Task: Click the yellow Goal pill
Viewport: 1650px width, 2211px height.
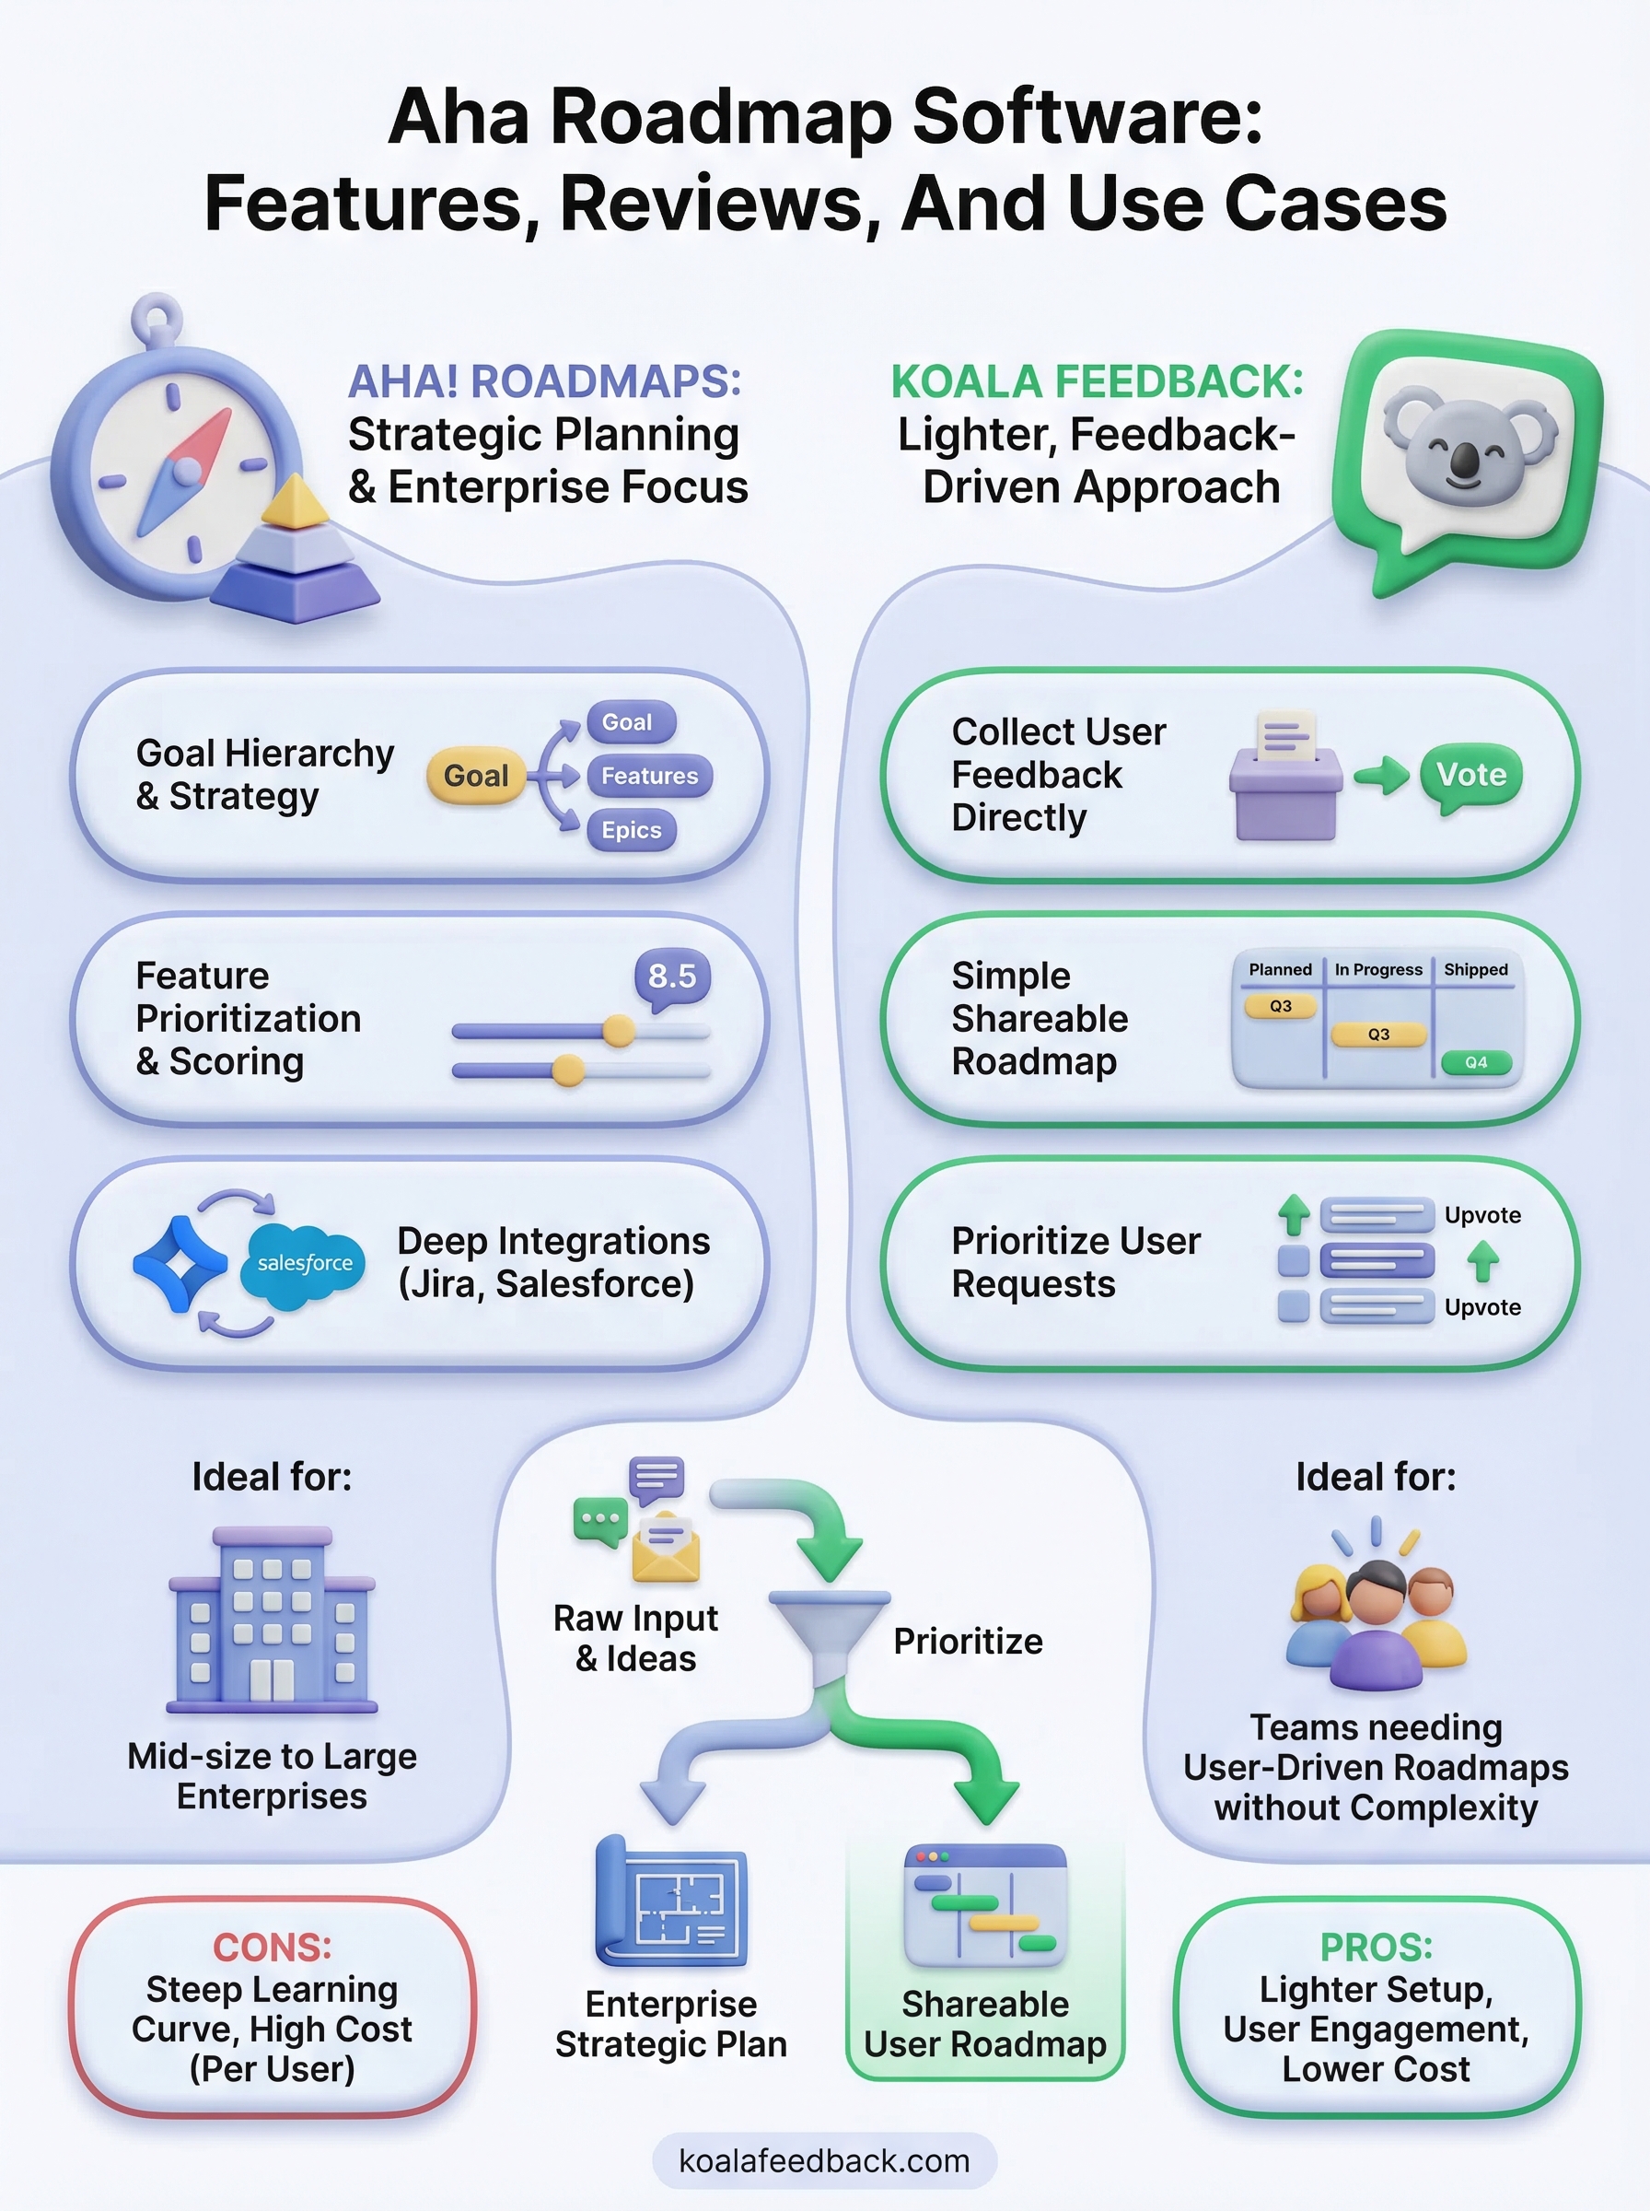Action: pyautogui.click(x=475, y=776)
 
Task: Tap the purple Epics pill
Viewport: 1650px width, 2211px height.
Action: pyautogui.click(x=632, y=830)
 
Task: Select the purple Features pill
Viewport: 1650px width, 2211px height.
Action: pyautogui.click(x=649, y=776)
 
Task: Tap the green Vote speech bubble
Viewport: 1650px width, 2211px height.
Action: pyautogui.click(x=1471, y=774)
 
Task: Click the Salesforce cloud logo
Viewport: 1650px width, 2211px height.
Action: pyautogui.click(x=304, y=1264)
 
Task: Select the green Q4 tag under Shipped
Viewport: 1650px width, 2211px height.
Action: pyautogui.click(x=1476, y=1062)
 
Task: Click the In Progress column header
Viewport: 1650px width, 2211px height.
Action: pyautogui.click(x=1378, y=969)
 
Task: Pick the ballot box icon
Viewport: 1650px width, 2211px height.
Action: pyautogui.click(x=1285, y=778)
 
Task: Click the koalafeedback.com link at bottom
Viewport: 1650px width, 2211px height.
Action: pyautogui.click(x=824, y=2160)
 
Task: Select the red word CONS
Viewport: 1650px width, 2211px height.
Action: pyautogui.click(x=272, y=1947)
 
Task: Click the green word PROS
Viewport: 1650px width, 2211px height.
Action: pyautogui.click(x=1376, y=1947)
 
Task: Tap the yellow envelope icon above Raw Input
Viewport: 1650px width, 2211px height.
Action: pyautogui.click(x=665, y=1548)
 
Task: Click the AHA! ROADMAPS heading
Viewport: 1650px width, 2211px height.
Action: pyautogui.click(x=544, y=381)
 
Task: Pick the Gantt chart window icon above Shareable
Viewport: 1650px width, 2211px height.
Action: pyautogui.click(x=985, y=1904)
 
